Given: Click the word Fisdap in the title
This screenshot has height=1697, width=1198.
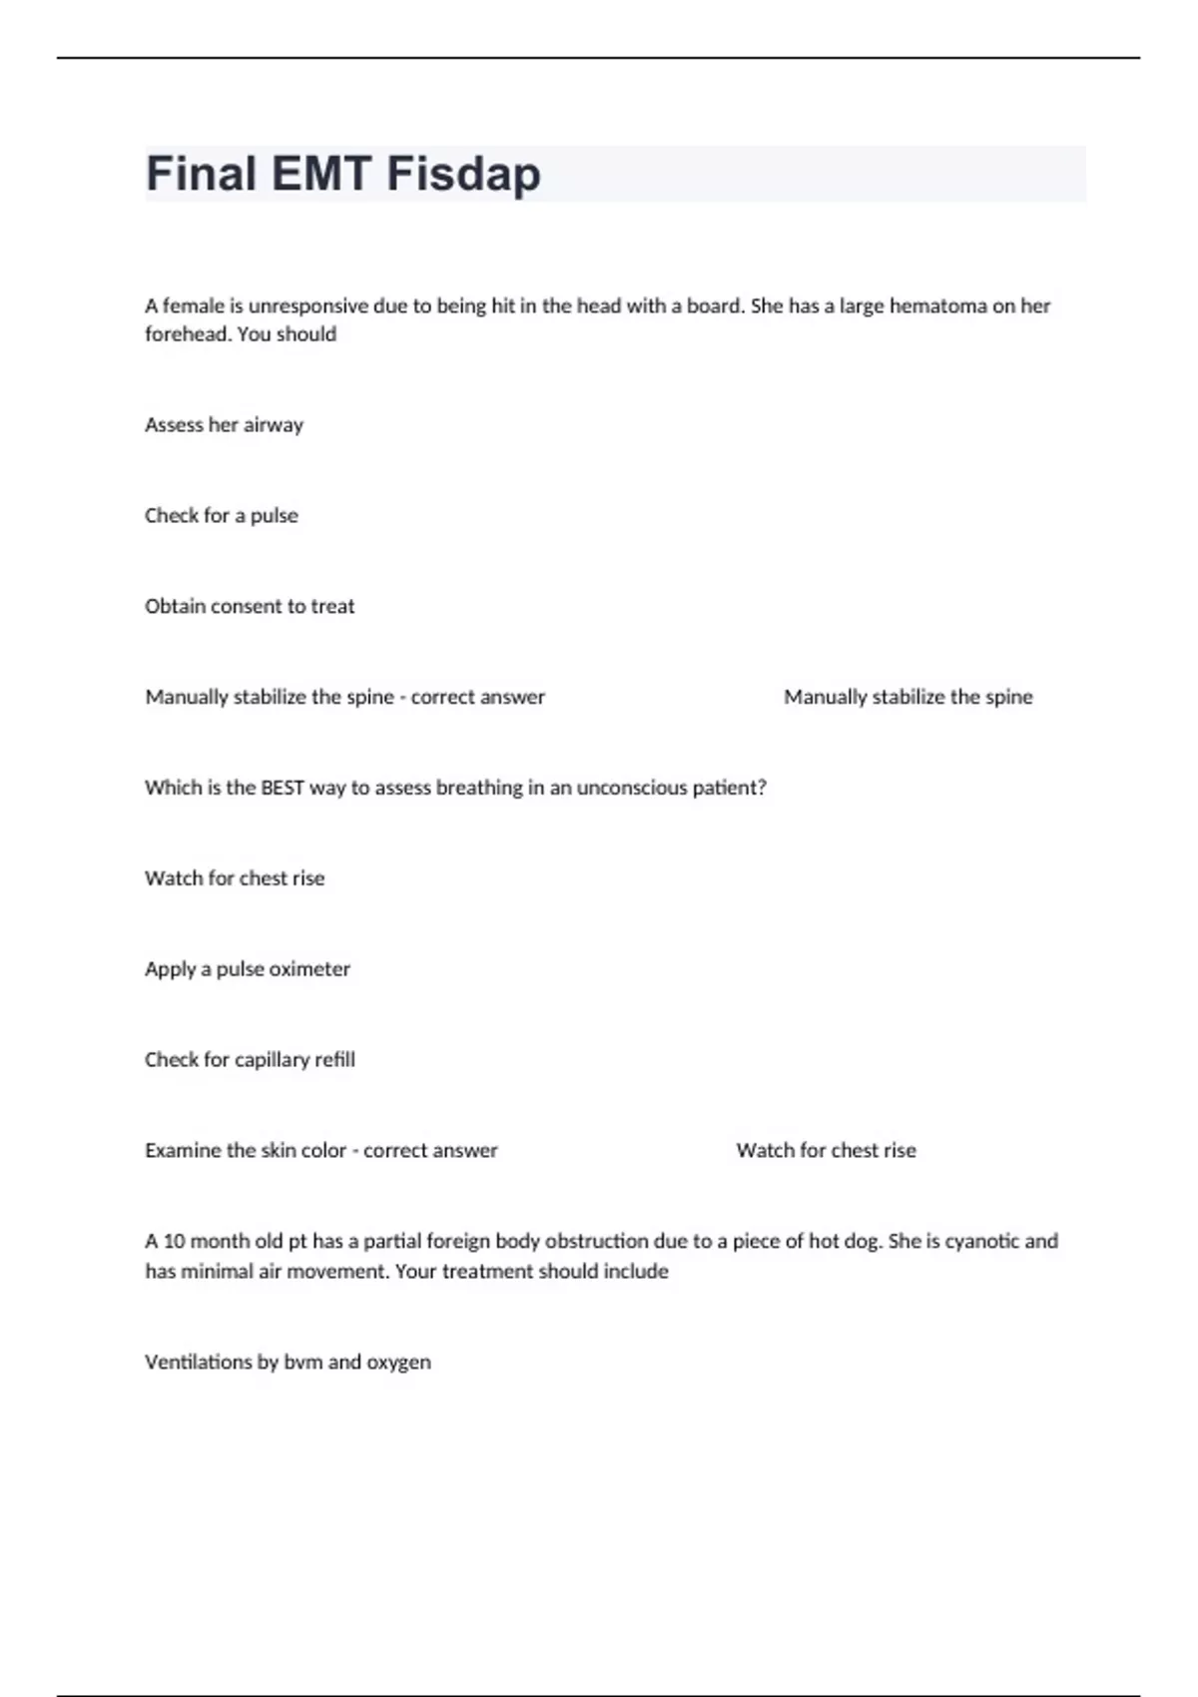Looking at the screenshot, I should pyautogui.click(x=463, y=174).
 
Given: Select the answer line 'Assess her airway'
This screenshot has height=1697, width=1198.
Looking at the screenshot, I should pyautogui.click(x=224, y=425).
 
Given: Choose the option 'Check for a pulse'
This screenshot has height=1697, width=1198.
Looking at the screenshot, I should pyautogui.click(x=221, y=516).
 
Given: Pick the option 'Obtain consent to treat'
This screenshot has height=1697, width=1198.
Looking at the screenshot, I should pyautogui.click(x=250, y=607).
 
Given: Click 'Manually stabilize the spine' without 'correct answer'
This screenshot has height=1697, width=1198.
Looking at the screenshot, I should pyautogui.click(x=907, y=697).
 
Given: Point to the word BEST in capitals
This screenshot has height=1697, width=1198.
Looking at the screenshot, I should pyautogui.click(x=282, y=788).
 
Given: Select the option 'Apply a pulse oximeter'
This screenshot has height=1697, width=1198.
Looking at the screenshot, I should pyautogui.click(x=248, y=969).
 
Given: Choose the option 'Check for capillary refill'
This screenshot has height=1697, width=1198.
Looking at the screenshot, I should pyautogui.click(x=250, y=1060).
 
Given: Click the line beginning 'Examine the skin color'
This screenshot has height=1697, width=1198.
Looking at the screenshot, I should pyautogui.click(x=320, y=1151).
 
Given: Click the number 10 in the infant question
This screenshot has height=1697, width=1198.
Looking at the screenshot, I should pyautogui.click(x=174, y=1241).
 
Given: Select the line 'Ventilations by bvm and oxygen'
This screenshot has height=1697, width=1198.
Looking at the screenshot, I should pyautogui.click(x=288, y=1363).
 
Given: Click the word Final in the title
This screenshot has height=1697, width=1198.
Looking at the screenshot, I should pyautogui.click(x=201, y=174).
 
